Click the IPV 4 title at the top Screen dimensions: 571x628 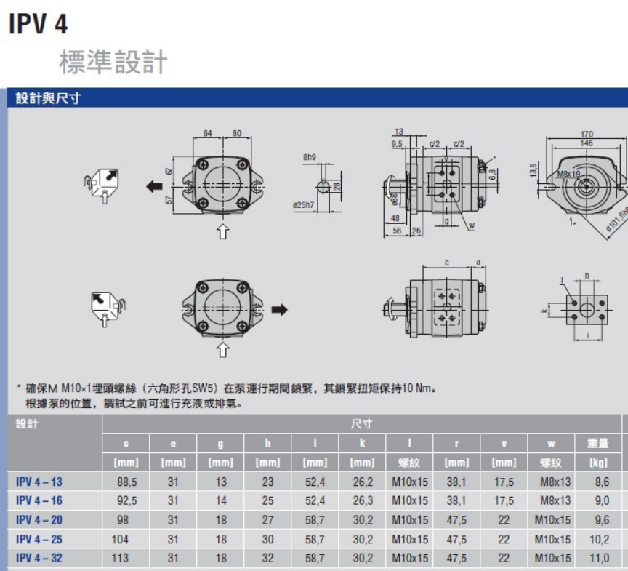(39, 24)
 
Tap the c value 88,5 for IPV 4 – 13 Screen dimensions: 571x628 (127, 482)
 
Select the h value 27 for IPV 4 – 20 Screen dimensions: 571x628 (267, 520)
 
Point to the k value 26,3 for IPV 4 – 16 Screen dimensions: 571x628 (363, 501)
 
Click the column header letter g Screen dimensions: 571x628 (220, 443)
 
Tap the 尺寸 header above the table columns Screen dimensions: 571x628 (361, 424)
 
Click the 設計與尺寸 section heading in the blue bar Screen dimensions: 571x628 (48, 98)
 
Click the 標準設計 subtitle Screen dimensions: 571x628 (113, 63)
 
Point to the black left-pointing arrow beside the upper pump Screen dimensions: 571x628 (154, 187)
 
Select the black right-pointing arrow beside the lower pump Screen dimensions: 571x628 (279, 310)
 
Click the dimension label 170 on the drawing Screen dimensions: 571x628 (587, 135)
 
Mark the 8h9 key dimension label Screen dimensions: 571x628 (310, 157)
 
